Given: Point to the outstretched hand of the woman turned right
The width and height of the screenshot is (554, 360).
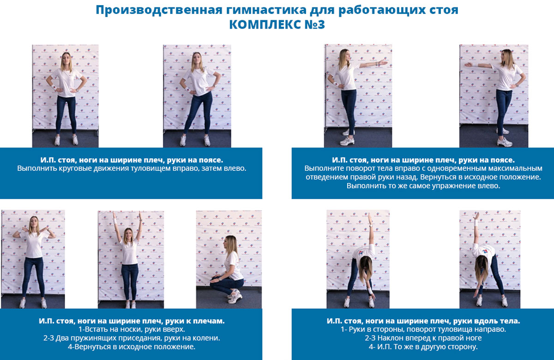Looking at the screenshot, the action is point(383,62).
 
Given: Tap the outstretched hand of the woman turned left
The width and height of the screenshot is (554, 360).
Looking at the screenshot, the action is point(469,65).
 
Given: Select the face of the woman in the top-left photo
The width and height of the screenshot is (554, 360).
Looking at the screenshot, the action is point(66,58).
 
